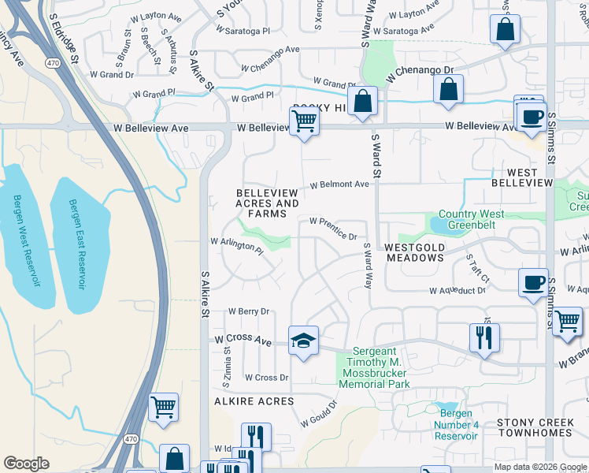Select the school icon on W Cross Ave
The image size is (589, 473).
(303, 341)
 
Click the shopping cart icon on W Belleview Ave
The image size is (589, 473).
(304, 121)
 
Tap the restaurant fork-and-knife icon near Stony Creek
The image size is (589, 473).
(484, 337)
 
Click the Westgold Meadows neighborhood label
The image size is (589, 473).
(415, 252)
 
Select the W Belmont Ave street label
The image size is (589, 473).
(339, 184)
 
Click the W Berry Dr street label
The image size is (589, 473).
(249, 311)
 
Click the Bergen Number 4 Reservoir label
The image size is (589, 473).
(456, 425)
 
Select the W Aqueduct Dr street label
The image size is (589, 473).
(459, 290)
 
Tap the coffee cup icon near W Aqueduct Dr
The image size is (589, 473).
(533, 282)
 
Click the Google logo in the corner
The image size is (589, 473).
(27, 464)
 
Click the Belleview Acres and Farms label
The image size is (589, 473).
(267, 203)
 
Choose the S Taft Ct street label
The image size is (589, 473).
(477, 268)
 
